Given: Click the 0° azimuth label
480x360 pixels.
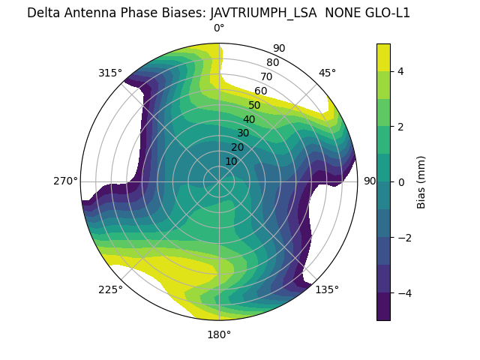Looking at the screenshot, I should (219, 28).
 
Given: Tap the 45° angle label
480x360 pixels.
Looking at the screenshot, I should (327, 73).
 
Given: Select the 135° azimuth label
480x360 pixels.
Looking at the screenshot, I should (327, 289).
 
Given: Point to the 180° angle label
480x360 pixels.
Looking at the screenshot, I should (219, 334).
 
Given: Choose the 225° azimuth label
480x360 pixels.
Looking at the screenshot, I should (110, 289).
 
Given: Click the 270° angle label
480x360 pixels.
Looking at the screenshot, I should (65, 181).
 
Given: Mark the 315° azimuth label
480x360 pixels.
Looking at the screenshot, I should (110, 73).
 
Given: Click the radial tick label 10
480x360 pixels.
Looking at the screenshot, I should (231, 161).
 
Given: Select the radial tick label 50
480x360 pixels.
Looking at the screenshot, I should (255, 105).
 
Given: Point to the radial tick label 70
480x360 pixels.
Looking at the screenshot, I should (267, 76).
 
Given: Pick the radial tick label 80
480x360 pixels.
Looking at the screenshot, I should (273, 62).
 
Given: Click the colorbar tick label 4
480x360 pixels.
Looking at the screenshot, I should (400, 71).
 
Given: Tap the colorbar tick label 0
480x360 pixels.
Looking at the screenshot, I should (400, 182).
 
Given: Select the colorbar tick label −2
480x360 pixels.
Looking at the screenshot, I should (403, 238).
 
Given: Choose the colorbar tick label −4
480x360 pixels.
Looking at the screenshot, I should (403, 293).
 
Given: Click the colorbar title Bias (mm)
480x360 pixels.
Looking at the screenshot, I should (421, 182).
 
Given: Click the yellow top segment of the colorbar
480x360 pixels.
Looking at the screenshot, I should (383, 57).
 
